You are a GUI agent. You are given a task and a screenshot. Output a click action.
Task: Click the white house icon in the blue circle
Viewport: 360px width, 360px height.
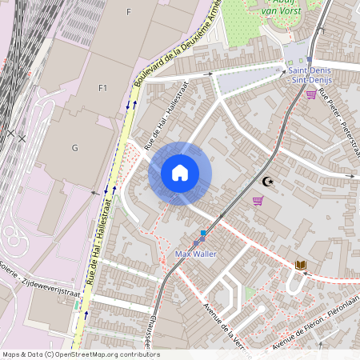(x=180, y=173)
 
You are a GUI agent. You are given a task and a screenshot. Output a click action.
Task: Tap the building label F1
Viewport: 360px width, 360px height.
(x=102, y=87)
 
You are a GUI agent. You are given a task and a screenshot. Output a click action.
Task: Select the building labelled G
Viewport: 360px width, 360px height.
(x=75, y=148)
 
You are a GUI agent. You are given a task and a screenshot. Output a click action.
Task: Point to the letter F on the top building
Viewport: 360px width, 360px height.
(x=128, y=12)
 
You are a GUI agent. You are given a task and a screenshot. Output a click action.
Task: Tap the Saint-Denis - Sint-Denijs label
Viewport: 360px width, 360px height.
(x=309, y=75)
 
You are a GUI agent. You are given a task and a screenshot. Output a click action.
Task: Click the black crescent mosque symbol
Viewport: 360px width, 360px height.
(x=267, y=182)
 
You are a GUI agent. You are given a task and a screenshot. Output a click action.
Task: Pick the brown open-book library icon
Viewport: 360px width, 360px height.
(x=301, y=265)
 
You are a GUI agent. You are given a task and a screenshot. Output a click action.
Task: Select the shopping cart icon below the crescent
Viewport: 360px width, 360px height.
(x=258, y=201)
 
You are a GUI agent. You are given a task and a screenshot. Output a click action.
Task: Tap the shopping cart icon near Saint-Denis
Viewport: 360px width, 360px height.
(x=310, y=94)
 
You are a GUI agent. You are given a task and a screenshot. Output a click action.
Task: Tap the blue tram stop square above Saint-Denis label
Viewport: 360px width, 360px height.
(x=309, y=59)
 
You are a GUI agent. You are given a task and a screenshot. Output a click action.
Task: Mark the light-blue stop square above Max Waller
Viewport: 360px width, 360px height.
(x=203, y=233)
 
